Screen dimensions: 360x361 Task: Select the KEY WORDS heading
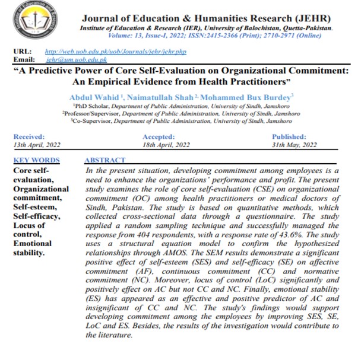coord(36,160)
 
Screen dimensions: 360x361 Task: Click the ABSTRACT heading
coord(105,160)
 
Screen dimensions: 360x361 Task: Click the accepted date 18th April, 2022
coord(167,144)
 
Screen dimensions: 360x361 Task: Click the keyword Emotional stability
coord(32,247)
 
